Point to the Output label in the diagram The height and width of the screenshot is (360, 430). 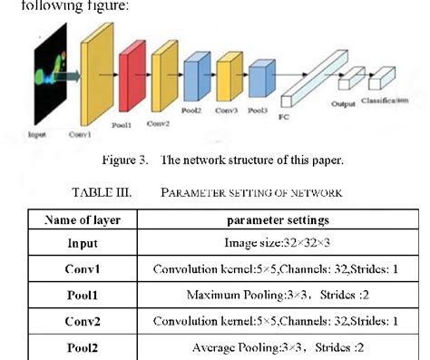point(343,103)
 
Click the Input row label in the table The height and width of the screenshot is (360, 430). point(83,244)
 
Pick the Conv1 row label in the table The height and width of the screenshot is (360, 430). point(83,269)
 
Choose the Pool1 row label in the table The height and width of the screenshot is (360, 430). point(83,295)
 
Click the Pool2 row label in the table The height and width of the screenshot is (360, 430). point(83,346)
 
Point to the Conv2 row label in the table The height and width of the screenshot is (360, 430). point(83,321)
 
